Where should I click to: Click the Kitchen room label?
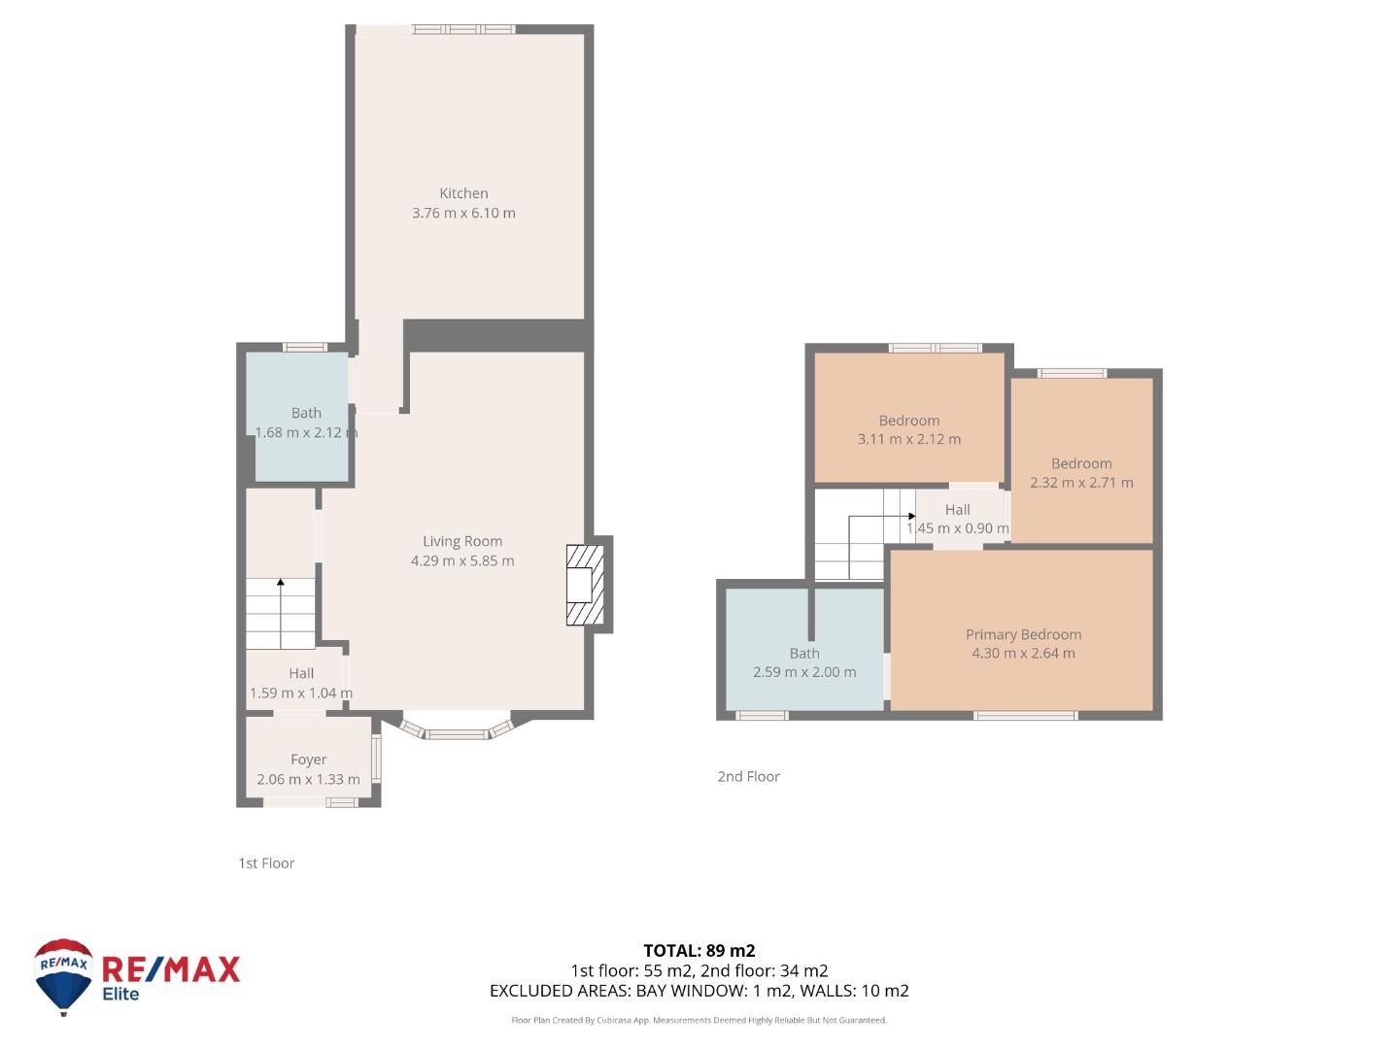coord(463,193)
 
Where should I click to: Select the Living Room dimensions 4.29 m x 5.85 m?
coord(462,560)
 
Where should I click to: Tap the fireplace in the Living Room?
coord(585,585)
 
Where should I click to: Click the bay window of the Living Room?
coord(457,729)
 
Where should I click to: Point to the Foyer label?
coord(309,760)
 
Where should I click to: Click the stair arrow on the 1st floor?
coord(281,612)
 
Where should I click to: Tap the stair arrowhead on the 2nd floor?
coord(912,516)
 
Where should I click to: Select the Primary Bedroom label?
coord(1023,634)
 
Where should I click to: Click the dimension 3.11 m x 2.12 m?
coord(909,439)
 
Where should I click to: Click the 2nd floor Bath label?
coord(804,653)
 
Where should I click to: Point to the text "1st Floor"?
coord(266,863)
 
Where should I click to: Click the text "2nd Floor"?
coord(748,776)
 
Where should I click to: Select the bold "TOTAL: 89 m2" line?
coord(699,951)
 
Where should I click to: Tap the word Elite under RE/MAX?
coord(120,994)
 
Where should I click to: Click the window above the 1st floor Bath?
coord(305,347)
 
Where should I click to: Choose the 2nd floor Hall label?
coord(957,510)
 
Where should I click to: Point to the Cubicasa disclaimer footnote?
coord(699,1020)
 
